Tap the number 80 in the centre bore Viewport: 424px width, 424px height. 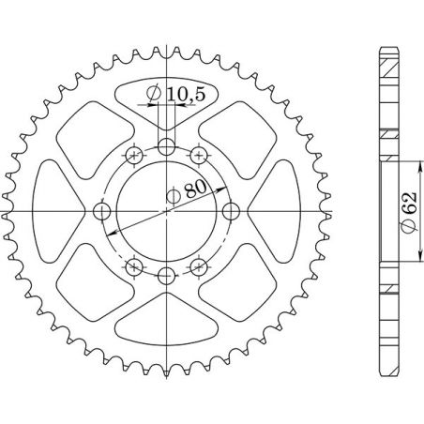point(195,188)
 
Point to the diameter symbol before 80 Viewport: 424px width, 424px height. point(174,196)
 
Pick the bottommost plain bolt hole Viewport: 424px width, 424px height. point(167,275)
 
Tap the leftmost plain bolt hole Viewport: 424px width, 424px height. point(102,210)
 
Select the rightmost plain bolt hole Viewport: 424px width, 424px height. point(232,210)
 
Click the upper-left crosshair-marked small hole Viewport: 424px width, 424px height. point(136,155)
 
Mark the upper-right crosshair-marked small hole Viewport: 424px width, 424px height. point(198,155)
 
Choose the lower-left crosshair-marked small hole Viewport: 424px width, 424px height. point(136,266)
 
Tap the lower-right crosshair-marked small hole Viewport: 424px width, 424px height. point(198,266)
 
